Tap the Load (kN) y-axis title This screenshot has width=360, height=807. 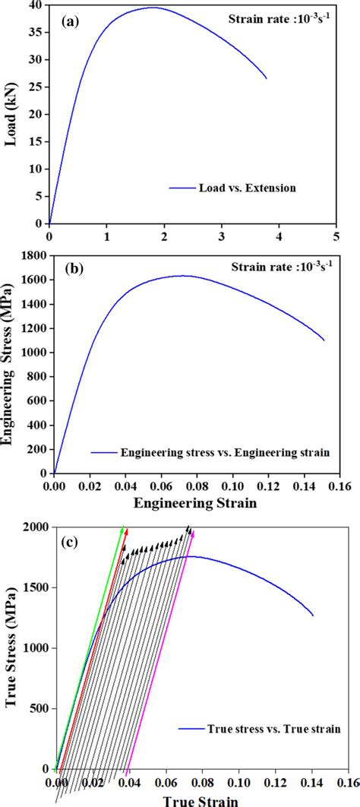click(13, 114)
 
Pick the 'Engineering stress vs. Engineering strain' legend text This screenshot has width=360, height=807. click(225, 452)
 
